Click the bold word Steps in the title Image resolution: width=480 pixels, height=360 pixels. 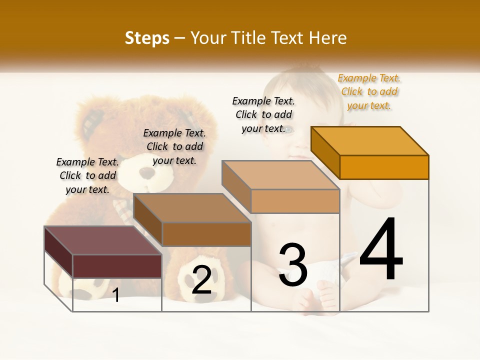[147, 38]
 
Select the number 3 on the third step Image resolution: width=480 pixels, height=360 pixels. [292, 264]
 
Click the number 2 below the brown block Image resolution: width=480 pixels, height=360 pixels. [201, 279]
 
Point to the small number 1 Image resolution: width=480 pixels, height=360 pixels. [116, 295]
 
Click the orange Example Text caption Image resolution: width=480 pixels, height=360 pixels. [369, 91]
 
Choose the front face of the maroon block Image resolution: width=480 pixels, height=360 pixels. [117, 266]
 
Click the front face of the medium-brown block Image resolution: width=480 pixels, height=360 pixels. [206, 234]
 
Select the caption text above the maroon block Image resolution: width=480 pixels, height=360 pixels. [87, 175]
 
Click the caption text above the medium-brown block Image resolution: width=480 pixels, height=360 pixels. [174, 146]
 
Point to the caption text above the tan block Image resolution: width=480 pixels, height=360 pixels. [263, 114]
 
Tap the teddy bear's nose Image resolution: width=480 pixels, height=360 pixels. [148, 172]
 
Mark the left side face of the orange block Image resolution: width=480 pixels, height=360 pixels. [325, 153]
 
